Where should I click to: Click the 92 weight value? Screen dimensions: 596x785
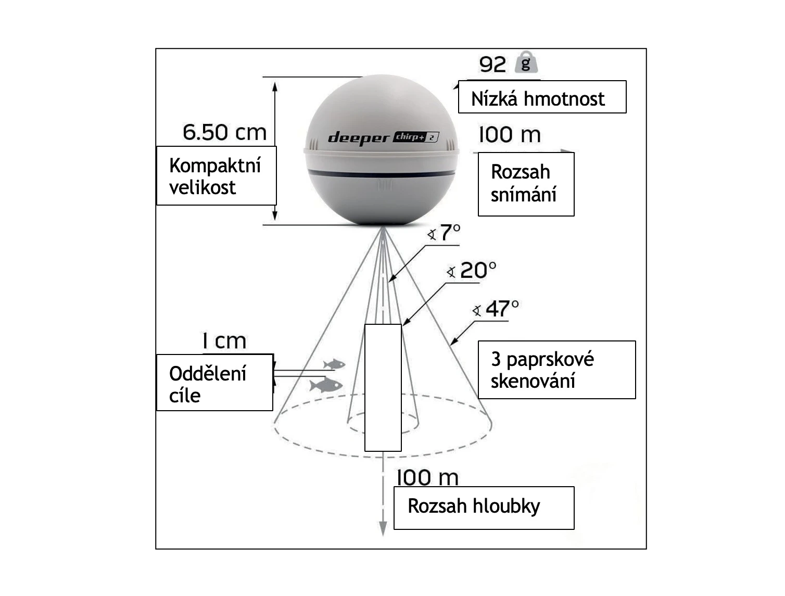[492, 64]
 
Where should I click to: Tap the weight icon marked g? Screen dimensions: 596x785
[526, 62]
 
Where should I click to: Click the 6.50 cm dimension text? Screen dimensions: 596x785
[224, 132]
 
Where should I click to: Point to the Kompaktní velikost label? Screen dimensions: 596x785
[216, 176]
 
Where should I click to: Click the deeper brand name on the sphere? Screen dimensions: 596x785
[359, 138]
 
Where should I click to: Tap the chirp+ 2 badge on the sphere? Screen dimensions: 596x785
[416, 137]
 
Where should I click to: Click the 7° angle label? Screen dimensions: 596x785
[450, 233]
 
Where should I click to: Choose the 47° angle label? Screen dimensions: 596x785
[501, 309]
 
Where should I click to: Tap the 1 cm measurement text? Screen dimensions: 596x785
[224, 341]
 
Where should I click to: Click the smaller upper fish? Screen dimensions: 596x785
[334, 364]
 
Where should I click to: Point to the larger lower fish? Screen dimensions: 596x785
[326, 385]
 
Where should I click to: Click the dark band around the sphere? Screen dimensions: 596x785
[381, 173]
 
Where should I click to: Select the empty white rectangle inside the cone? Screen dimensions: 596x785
[383, 388]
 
